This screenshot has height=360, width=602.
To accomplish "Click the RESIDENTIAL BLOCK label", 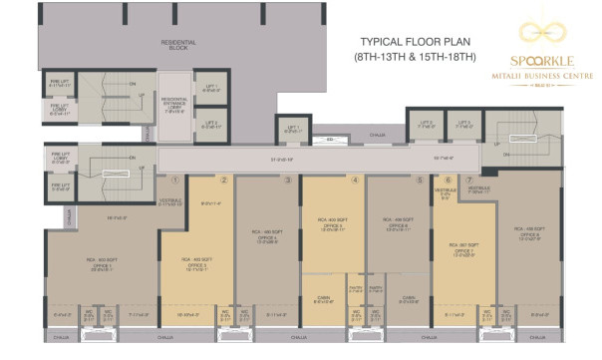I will pyautogui.click(x=179, y=45).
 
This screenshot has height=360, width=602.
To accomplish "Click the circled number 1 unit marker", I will pyautogui.click(x=175, y=180).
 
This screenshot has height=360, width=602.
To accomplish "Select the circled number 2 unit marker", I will pyautogui.click(x=225, y=180).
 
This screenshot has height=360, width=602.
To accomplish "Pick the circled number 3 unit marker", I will pyautogui.click(x=288, y=180).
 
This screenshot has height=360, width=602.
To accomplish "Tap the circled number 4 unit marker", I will pyautogui.click(x=355, y=180).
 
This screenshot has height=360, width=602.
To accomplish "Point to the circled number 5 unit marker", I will pyautogui.click(x=420, y=180).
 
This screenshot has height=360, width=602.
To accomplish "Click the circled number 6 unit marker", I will pyautogui.click(x=450, y=180).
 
